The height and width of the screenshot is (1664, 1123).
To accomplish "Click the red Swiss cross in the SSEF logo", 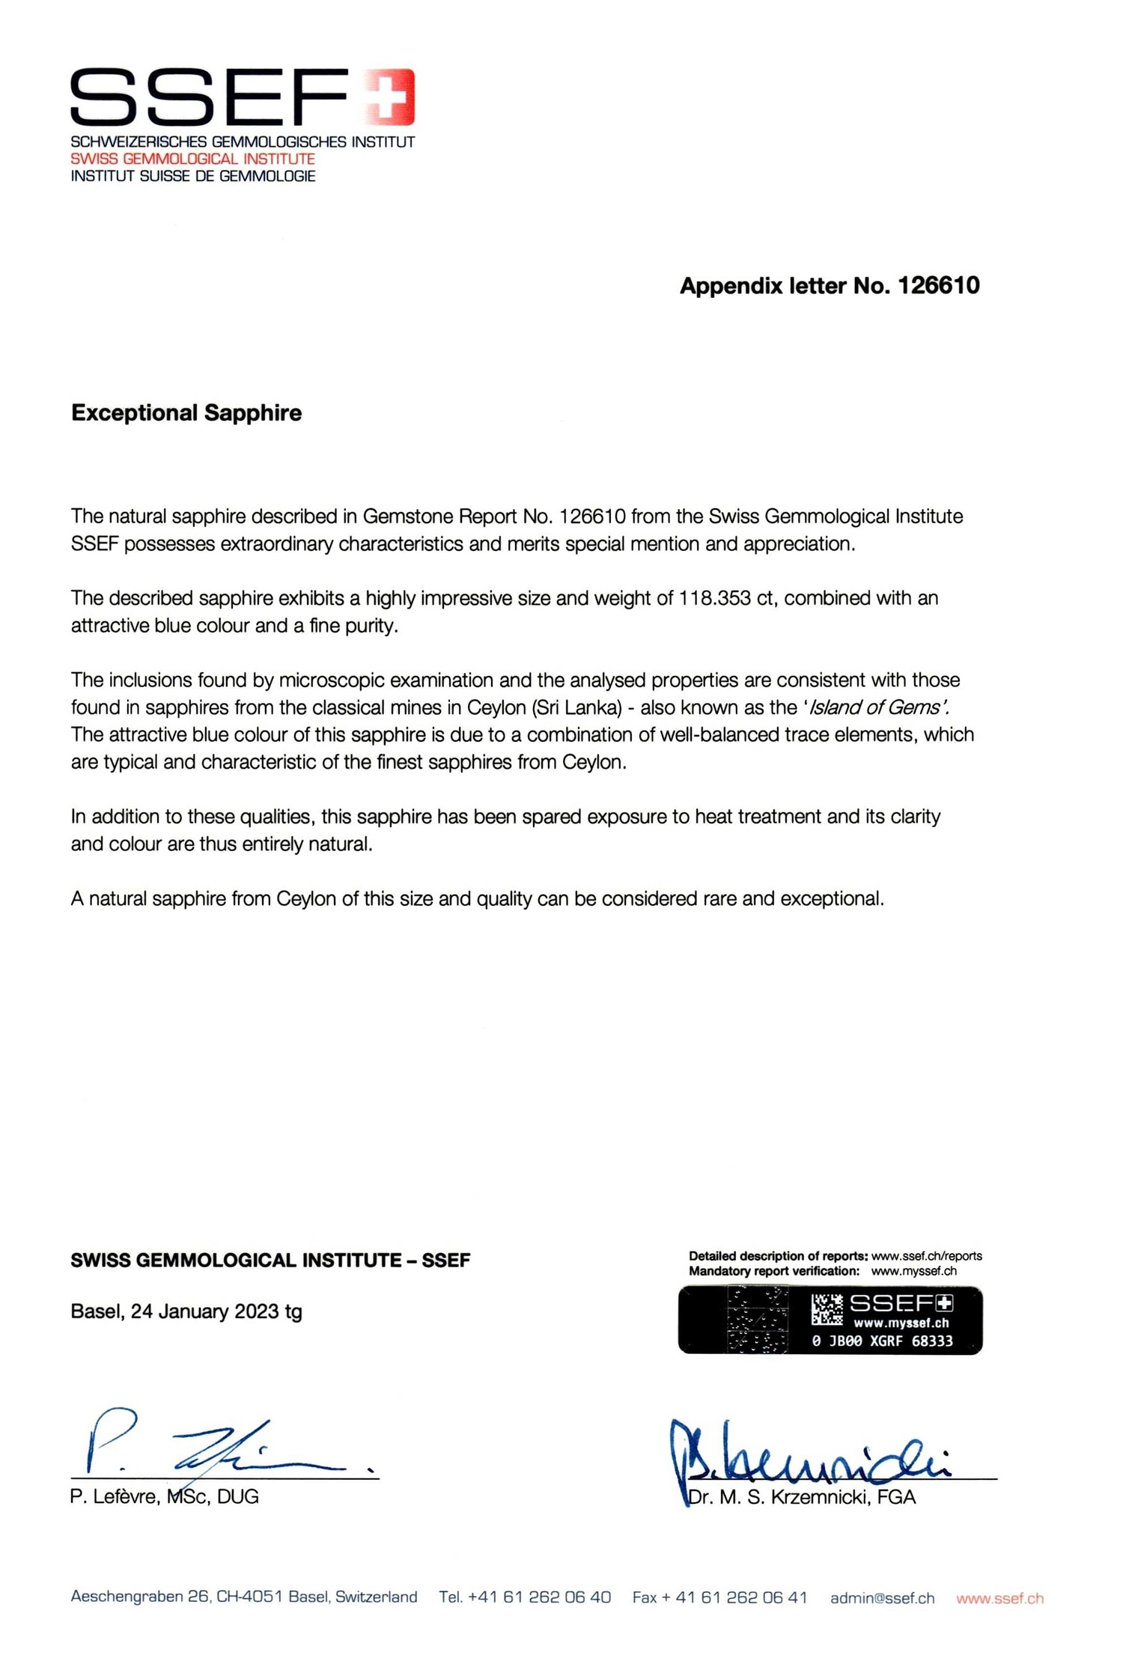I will [x=390, y=96].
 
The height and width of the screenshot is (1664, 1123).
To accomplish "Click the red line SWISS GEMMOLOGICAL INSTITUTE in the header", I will [x=192, y=159].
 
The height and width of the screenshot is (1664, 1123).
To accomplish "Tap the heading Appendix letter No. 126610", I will [x=829, y=285].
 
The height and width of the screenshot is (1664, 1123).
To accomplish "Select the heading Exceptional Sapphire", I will [x=186, y=412].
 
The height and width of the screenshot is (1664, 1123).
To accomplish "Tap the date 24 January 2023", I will [x=204, y=1311].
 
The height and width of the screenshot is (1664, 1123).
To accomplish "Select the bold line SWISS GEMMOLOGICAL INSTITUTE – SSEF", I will [x=270, y=1261].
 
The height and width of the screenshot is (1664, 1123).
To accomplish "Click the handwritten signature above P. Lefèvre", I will [x=217, y=1444].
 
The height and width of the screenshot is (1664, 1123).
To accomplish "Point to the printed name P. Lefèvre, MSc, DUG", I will [x=165, y=1497].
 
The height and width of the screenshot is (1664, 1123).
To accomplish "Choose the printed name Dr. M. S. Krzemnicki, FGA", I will [x=802, y=1497].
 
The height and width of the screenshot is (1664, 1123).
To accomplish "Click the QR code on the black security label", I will [x=827, y=1309].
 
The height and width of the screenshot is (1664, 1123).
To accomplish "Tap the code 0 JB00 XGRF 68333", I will [x=882, y=1341].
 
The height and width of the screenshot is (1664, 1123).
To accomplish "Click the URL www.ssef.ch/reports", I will [x=926, y=1256].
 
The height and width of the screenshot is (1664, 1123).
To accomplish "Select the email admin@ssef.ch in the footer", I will [x=882, y=1598].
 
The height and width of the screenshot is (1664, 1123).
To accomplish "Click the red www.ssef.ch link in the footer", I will [x=999, y=1598].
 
